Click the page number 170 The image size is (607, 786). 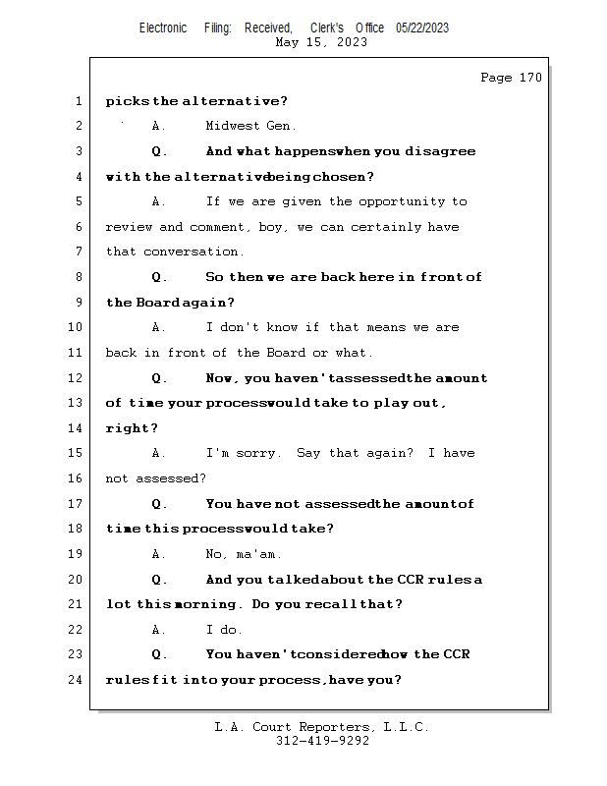coord(529,78)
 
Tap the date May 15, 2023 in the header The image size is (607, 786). coord(322,42)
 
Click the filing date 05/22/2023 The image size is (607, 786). coord(422,28)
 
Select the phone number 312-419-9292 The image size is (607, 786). coord(322,741)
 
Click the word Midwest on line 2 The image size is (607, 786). coord(232,126)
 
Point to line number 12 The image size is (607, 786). coord(76,378)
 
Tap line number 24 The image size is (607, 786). coord(76,680)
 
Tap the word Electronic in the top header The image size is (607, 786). coord(163,28)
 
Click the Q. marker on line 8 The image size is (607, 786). coord(159,277)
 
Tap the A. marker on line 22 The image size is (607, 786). coord(159,630)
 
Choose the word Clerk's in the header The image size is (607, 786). coord(326,28)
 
